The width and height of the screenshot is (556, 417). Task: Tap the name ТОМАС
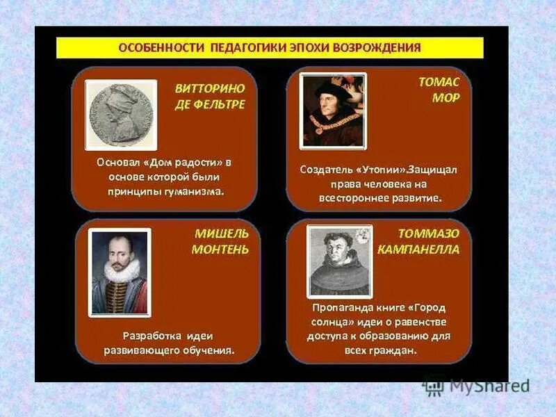tap(439, 82)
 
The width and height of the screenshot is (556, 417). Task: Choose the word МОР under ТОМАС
tap(446, 98)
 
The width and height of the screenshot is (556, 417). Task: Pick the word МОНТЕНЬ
tap(220, 250)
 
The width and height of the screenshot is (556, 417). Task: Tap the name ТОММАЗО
tap(428, 234)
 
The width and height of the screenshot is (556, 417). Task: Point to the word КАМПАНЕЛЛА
tap(418, 250)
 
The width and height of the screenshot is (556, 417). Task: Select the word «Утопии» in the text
tap(382, 169)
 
